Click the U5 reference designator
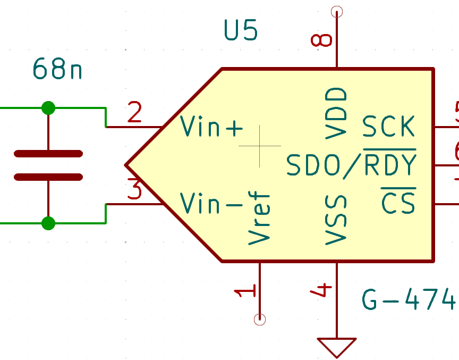[x=241, y=32]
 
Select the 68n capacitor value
[x=57, y=69]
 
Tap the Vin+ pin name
[x=212, y=127]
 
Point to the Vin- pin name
[x=212, y=203]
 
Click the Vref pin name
[x=260, y=219]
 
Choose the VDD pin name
[x=336, y=113]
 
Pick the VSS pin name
[x=336, y=220]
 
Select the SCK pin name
[x=388, y=127]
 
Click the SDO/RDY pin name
[x=351, y=165]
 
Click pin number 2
[x=135, y=113]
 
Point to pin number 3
[x=135, y=190]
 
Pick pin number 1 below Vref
[x=246, y=291]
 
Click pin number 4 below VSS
[x=323, y=290]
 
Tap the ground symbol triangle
[x=336, y=346]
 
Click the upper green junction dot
[x=48, y=108]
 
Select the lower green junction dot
[x=48, y=223]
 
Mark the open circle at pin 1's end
[x=260, y=319]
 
